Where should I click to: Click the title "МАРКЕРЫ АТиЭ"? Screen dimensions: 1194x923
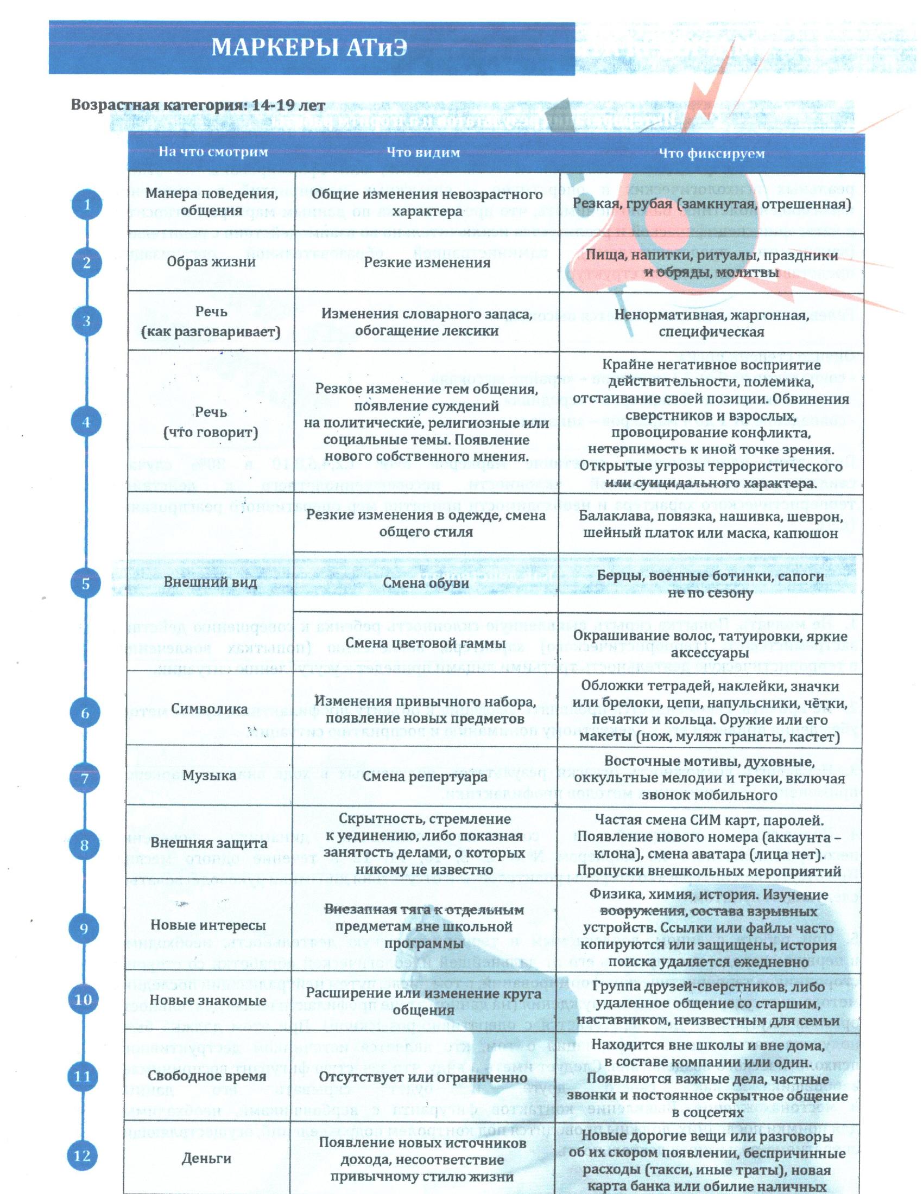click(x=309, y=48)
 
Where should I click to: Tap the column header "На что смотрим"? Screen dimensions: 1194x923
click(x=213, y=151)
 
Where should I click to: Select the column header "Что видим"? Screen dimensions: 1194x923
click(x=423, y=153)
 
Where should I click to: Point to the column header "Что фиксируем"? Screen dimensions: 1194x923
click(x=711, y=154)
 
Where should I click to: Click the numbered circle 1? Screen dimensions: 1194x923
click(x=86, y=205)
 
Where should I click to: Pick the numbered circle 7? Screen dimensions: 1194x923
click(x=85, y=778)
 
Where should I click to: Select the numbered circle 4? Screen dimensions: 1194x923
click(x=86, y=422)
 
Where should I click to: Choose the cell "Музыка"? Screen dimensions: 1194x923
click(x=209, y=775)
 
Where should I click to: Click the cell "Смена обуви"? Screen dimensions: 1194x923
click(x=426, y=583)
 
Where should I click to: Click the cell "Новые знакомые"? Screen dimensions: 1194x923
click(x=208, y=1001)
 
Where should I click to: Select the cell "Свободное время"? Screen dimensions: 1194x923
click(x=208, y=1076)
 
